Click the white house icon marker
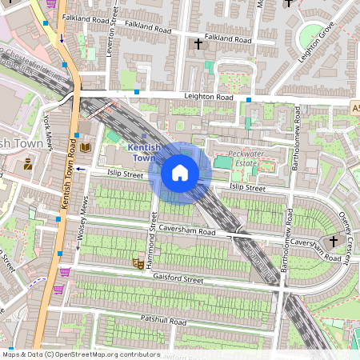180,172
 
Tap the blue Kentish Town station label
146,152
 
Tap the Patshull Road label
161,321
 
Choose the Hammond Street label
153,232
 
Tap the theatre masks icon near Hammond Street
138,262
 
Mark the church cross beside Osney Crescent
334,241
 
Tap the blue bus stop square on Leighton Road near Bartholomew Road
249,99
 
